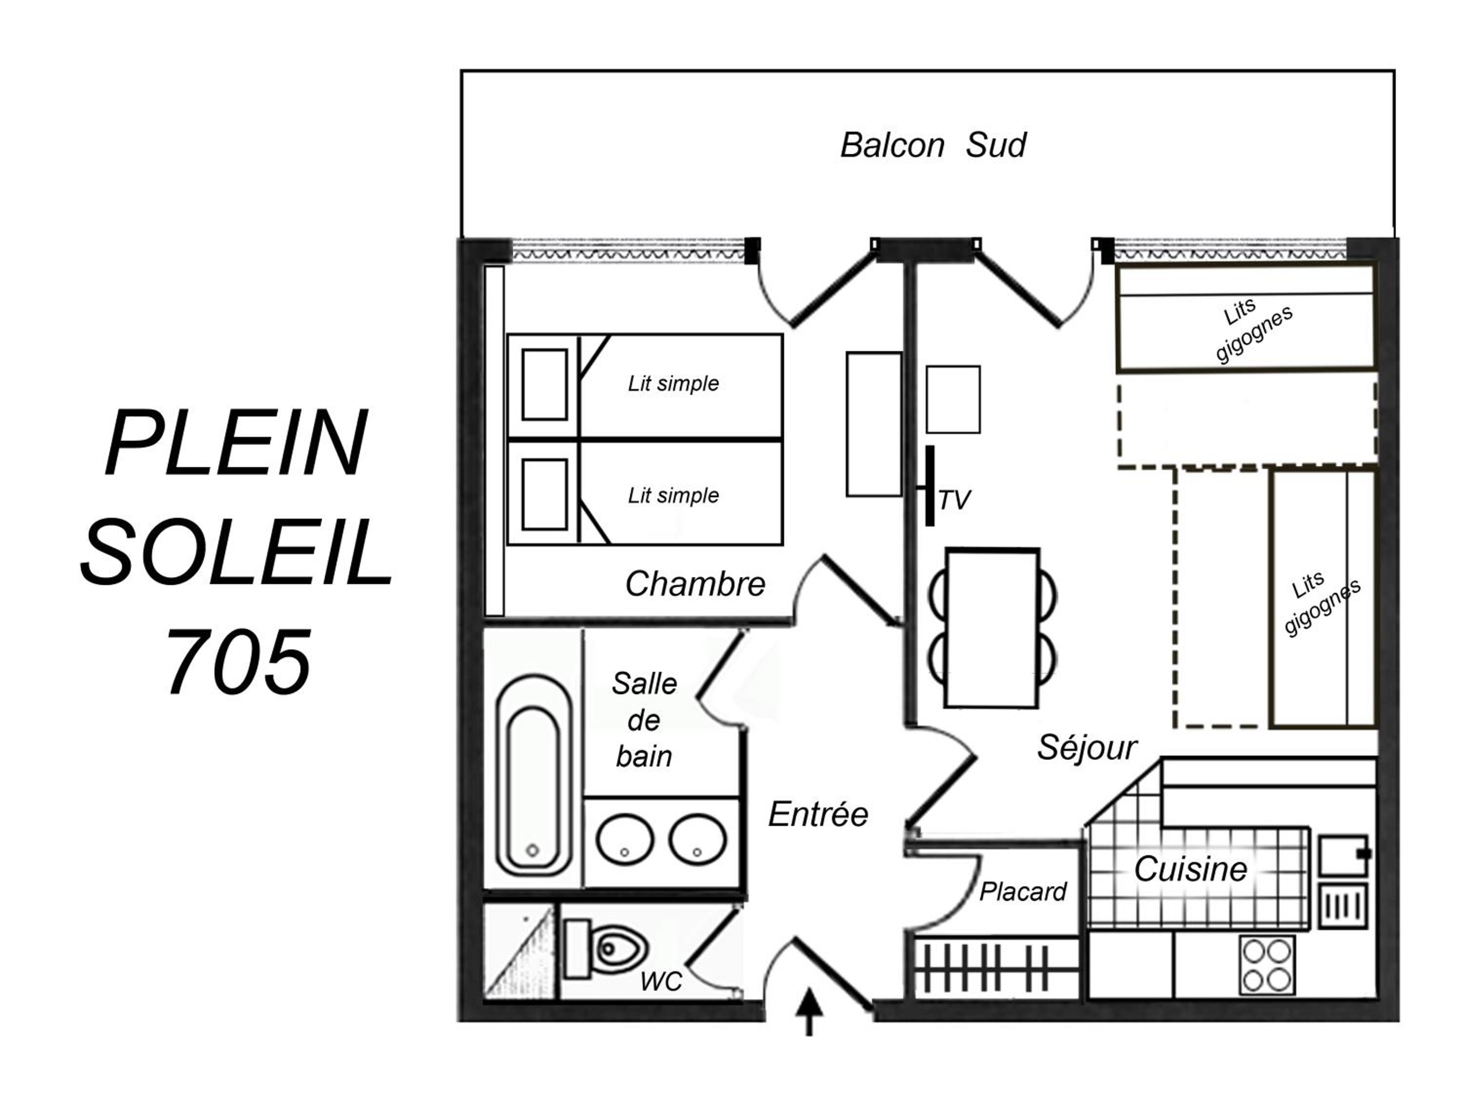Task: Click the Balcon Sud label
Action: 932,145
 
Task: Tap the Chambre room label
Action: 695,584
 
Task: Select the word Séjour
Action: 1087,748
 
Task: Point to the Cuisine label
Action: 1190,869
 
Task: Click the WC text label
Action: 661,981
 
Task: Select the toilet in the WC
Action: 605,949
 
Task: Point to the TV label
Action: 954,501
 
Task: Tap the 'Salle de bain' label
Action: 644,720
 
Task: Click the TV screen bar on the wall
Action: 929,486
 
